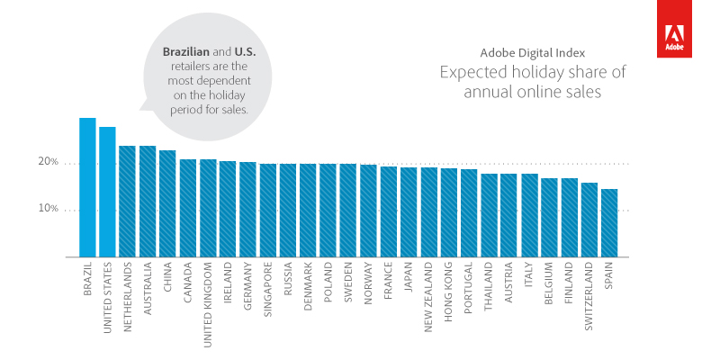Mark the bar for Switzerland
(589, 220)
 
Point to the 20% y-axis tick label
(48, 163)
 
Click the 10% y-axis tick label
(48, 209)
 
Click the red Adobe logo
(673, 29)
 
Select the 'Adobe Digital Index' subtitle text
(531, 52)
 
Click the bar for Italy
(529, 215)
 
